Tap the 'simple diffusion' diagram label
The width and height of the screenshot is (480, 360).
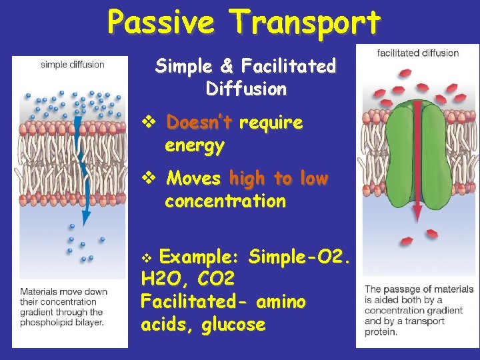pos(72,65)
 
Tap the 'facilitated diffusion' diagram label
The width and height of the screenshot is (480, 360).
pos(418,53)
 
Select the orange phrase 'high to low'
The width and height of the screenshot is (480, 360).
pos(278,179)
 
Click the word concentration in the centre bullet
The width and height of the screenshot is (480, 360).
pos(225,201)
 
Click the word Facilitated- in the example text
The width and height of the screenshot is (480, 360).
pos(190,302)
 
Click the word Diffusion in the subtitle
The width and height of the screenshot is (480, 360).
pos(247,88)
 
